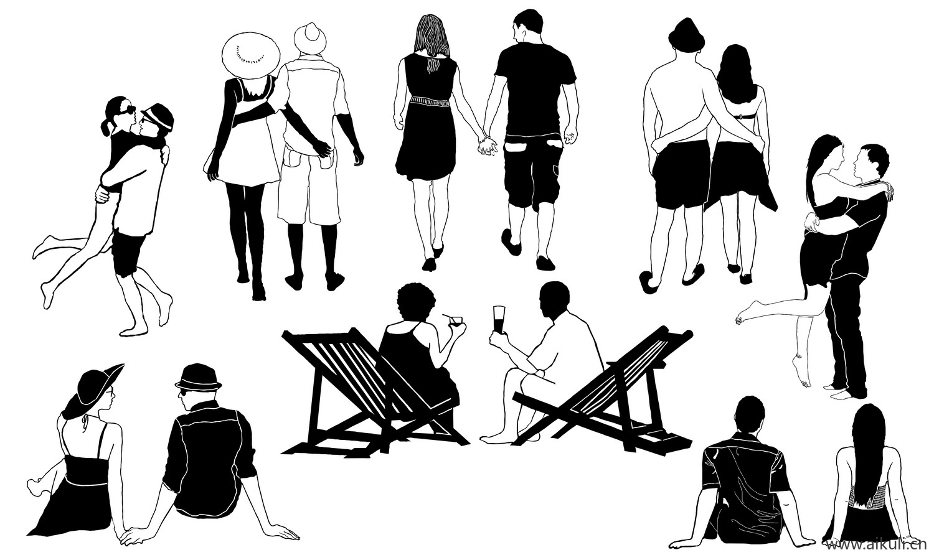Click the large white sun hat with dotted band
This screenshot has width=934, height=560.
click(250, 55)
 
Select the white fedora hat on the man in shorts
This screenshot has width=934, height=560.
click(309, 39)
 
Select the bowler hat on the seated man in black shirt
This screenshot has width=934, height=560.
click(198, 378)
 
